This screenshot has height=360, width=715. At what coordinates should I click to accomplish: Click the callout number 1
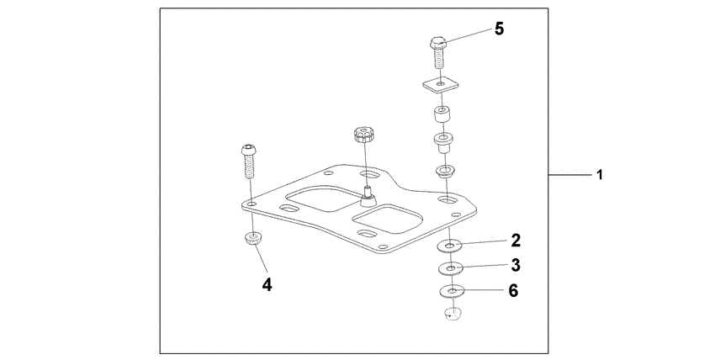pos(599,176)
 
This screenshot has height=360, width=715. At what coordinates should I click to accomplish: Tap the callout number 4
pos(267,284)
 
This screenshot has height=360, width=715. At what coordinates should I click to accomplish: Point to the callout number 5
pos(499,29)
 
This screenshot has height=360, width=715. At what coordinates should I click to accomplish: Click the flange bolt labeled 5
pos(438,52)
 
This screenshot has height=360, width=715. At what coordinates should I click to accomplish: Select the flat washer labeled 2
pos(452,246)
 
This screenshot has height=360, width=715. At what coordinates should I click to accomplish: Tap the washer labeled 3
pos(452,269)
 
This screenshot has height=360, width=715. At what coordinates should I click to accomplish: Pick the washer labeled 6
pos(452,293)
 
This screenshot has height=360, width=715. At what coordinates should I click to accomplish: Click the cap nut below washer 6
pos(453,315)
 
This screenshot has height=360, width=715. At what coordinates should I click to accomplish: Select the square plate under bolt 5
pos(439,85)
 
